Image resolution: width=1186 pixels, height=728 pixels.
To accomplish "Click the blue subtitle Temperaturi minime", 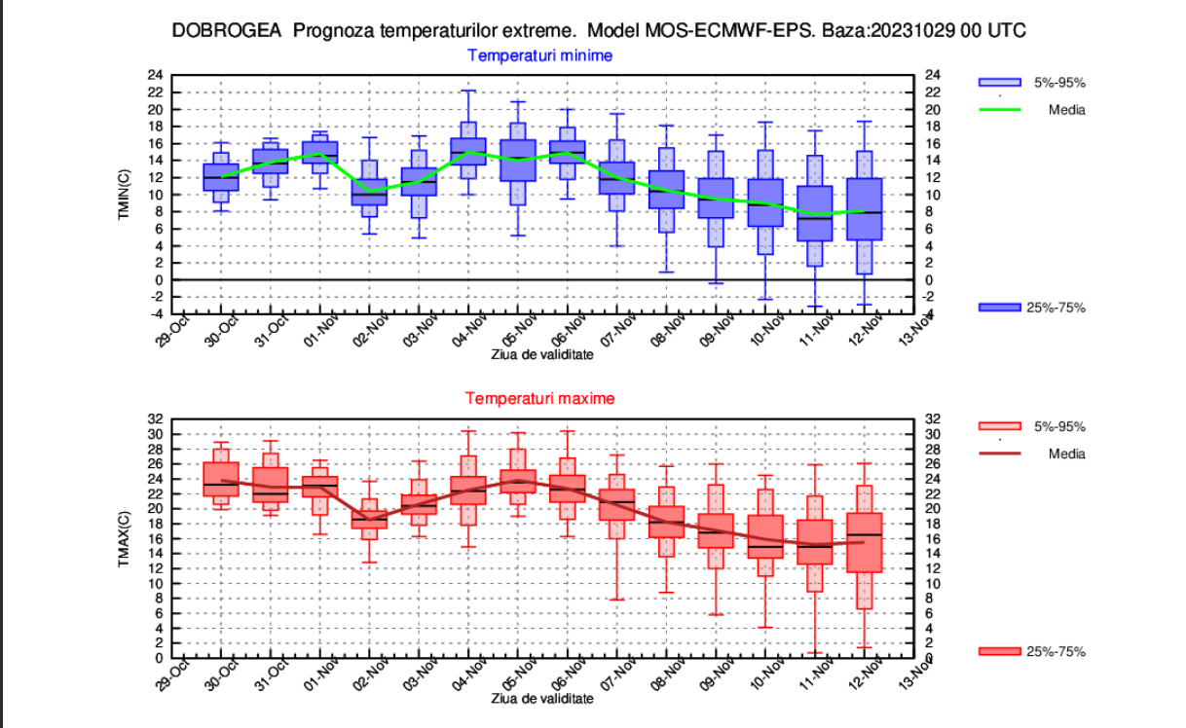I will coord(539,55).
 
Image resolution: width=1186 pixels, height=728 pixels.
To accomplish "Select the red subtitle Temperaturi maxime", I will coord(539,398).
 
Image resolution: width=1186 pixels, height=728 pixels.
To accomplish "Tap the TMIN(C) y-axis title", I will coord(125,194).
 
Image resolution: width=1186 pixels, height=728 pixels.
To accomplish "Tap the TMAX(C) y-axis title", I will coord(125,538).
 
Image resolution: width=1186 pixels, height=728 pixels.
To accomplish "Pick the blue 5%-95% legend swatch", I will coord(999,83).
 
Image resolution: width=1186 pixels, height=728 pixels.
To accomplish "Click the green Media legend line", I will coord(999,110).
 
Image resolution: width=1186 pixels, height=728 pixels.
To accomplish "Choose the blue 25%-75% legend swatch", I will coord(999,308).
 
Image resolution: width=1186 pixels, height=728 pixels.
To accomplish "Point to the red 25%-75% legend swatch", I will coord(999,651).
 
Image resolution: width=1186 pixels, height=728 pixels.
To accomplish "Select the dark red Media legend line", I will coord(999,454).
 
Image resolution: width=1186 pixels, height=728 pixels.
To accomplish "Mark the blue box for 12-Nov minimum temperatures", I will coord(865,209).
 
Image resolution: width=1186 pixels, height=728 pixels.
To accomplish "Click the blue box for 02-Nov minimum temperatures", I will coord(369,192).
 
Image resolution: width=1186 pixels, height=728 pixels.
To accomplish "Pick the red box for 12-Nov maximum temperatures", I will coord(865,542).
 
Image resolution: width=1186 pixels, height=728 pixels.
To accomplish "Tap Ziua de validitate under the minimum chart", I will coord(541,354).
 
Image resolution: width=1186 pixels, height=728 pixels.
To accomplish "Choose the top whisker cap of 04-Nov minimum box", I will coord(468,91).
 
